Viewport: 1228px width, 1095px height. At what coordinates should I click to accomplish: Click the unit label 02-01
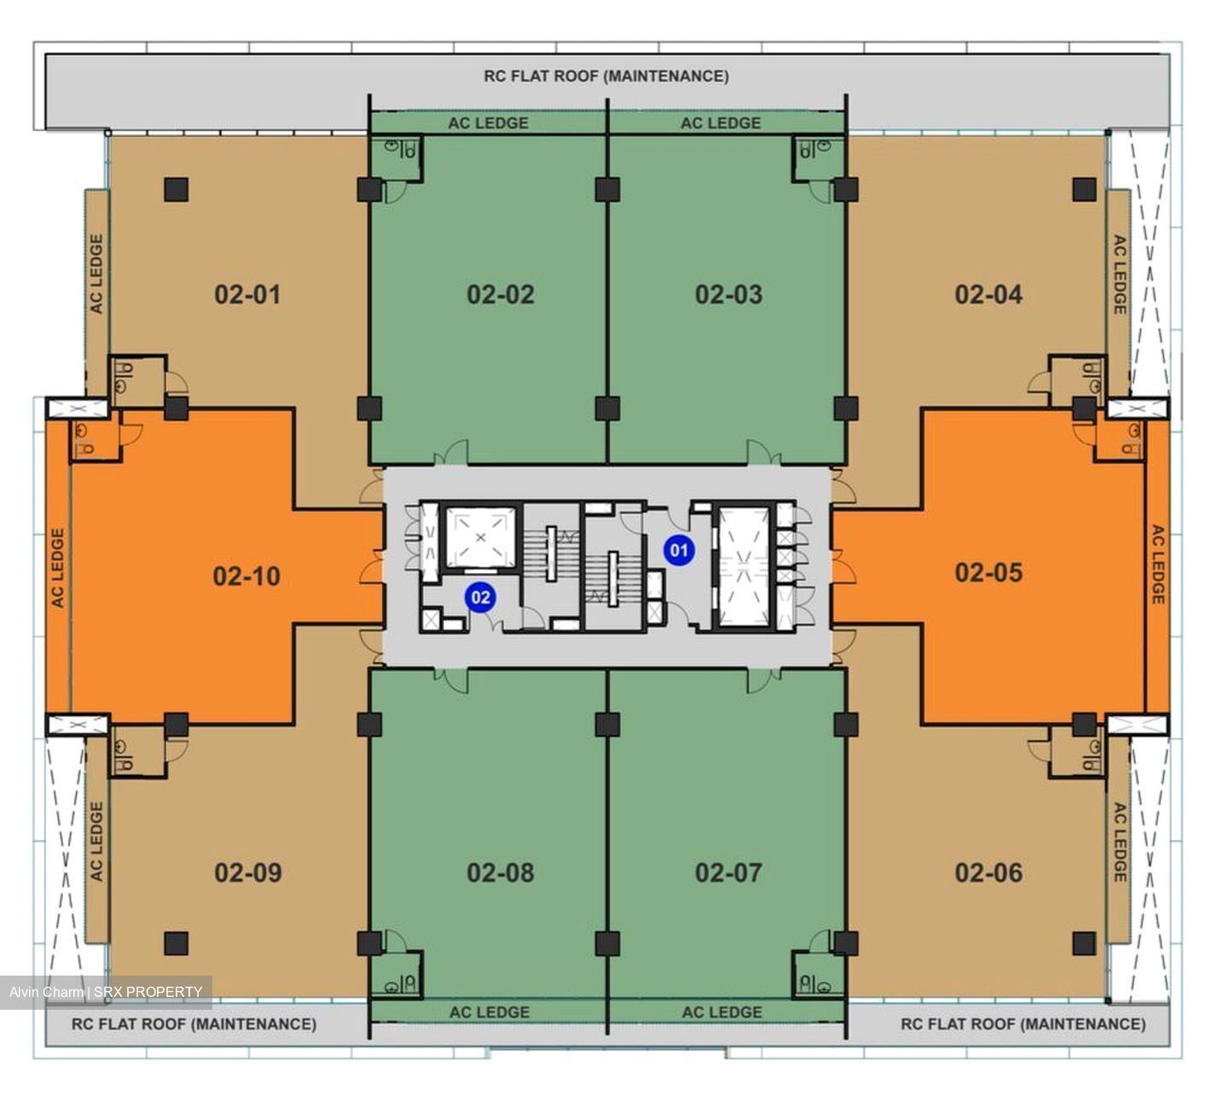click(x=247, y=295)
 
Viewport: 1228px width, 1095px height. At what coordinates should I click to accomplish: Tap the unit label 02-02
click(x=500, y=295)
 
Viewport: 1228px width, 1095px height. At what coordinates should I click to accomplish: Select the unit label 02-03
click(x=728, y=295)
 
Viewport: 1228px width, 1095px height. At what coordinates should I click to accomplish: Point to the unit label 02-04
click(x=988, y=295)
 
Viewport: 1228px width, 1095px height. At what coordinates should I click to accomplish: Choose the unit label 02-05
click(x=988, y=572)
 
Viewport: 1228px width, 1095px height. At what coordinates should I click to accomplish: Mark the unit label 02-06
click(x=988, y=873)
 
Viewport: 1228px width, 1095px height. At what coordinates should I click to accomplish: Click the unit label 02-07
click(x=728, y=873)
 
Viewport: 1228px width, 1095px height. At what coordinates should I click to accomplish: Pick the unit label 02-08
click(x=500, y=873)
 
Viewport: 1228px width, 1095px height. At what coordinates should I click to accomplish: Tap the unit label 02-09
click(x=248, y=873)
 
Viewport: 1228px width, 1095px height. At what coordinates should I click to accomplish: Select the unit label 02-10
click(x=246, y=576)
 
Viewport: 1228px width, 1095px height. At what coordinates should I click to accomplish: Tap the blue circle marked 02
click(x=480, y=597)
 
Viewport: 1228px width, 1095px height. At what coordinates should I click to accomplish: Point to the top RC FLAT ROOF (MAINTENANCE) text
click(x=606, y=77)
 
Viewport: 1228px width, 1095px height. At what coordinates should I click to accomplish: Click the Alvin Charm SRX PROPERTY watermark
click(x=106, y=992)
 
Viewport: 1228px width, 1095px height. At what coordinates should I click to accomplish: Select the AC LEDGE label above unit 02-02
click(x=488, y=123)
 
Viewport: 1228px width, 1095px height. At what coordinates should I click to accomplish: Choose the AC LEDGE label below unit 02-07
click(x=722, y=1012)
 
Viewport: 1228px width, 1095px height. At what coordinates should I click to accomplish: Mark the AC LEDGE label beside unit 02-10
click(x=58, y=568)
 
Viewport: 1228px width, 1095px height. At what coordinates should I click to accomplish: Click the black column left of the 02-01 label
click(x=176, y=190)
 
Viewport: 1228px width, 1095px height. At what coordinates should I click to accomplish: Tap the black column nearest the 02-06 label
click(x=1085, y=943)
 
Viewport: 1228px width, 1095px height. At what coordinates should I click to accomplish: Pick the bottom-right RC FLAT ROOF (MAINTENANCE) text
click(x=1023, y=1024)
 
